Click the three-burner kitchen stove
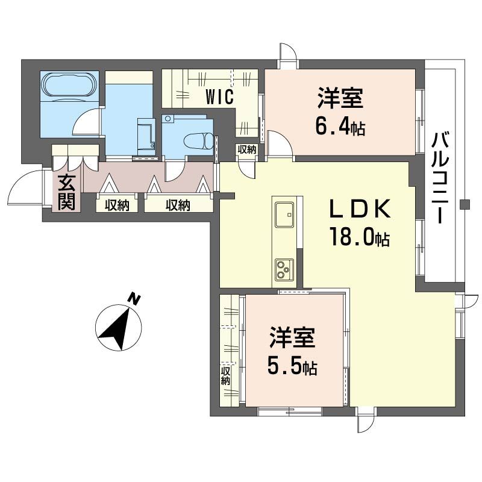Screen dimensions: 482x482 tap(283, 268)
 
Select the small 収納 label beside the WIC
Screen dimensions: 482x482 tap(246, 149)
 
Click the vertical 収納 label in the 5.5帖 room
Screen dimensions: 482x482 tap(226, 375)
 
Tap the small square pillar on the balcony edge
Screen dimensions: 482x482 tap(463, 204)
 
